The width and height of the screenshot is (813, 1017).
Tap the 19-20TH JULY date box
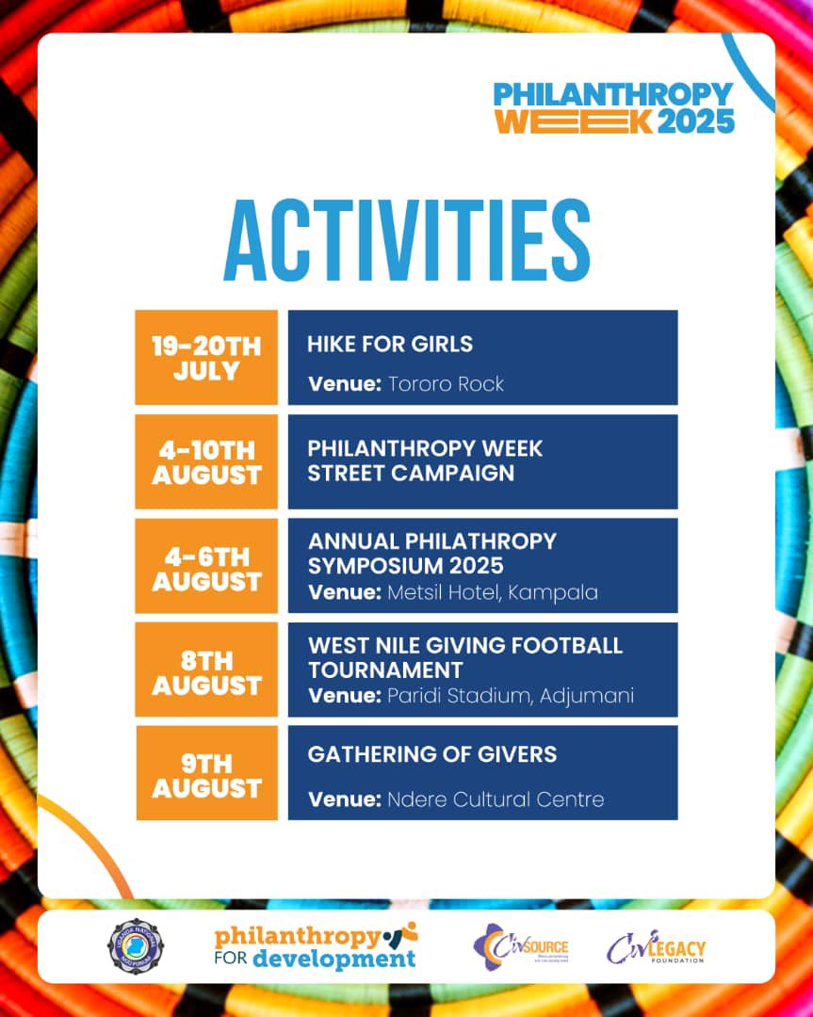206,358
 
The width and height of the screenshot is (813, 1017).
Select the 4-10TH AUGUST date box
206,461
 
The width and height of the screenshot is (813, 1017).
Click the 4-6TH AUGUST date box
206,566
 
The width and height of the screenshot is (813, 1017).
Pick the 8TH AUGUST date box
206,670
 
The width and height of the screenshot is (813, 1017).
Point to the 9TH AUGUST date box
206,773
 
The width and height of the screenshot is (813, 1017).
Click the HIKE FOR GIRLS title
390,344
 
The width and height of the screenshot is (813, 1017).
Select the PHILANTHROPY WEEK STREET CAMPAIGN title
425,460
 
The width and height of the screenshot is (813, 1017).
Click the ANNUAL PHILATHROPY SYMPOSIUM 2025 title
431,554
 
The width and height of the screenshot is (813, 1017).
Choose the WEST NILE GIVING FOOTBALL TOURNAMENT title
464,657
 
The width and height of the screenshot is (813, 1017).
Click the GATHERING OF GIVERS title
431,754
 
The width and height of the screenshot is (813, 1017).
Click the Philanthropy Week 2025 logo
613,107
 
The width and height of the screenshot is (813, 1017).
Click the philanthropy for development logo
315,946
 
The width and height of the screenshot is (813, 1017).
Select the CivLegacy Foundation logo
656,946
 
